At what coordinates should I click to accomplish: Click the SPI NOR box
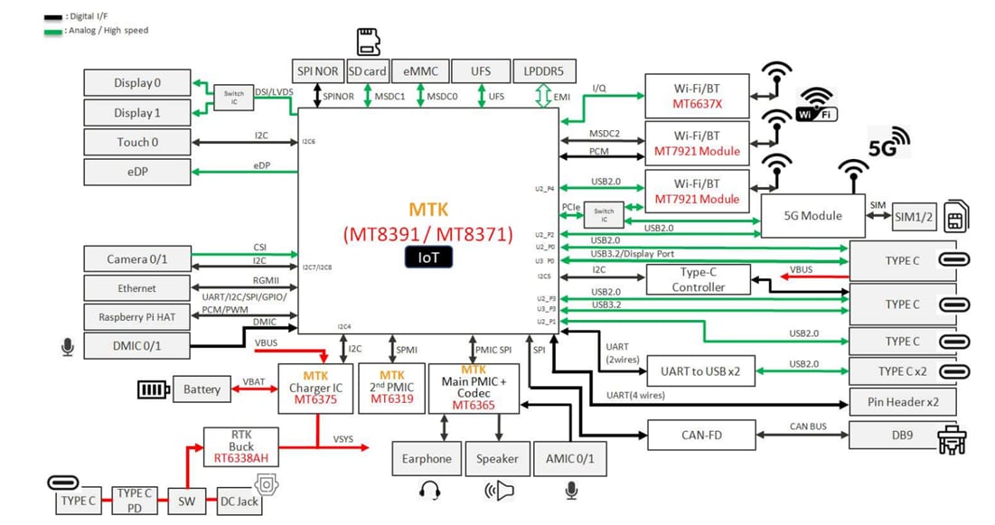315,71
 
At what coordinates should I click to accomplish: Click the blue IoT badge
428,258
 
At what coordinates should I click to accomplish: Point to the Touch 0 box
136,142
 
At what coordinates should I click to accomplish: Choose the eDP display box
136,172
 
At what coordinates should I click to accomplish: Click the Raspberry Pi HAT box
136,317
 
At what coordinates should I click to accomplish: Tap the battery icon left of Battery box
152,389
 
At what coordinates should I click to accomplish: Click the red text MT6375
315,400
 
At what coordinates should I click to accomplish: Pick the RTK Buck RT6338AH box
241,446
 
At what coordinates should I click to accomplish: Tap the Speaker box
497,458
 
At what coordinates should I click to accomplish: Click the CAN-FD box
701,436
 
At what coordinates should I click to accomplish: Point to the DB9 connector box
901,436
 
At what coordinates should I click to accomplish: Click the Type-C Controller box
698,279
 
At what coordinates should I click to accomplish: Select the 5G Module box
812,215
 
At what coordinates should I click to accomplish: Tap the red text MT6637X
697,104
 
